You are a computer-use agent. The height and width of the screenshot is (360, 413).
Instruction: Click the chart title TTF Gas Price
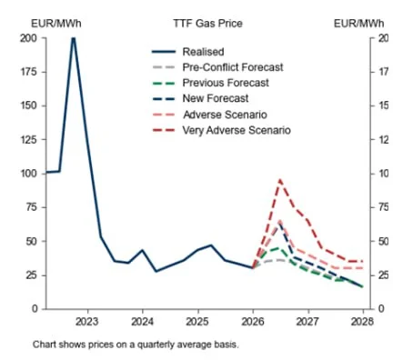click(206, 21)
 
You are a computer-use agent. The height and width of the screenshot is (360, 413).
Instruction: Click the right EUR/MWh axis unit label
click(358, 21)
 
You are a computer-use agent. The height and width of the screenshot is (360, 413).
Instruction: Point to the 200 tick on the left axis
click(28, 38)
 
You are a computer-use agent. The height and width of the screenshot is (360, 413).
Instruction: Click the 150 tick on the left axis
click(28, 105)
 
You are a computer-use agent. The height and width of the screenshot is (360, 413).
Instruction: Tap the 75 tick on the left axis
click(31, 207)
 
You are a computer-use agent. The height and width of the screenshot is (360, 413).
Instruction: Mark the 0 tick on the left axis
click(35, 309)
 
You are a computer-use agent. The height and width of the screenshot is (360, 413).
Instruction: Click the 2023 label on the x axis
click(87, 322)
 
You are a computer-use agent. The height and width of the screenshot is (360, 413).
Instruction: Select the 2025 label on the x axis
click(197, 322)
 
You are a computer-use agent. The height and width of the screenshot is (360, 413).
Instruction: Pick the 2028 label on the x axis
click(362, 322)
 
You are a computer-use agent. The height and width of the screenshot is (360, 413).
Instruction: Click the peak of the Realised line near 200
click(73, 38)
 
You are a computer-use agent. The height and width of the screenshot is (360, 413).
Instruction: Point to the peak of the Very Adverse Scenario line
click(279, 180)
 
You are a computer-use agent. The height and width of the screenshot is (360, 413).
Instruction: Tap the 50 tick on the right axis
click(383, 241)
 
